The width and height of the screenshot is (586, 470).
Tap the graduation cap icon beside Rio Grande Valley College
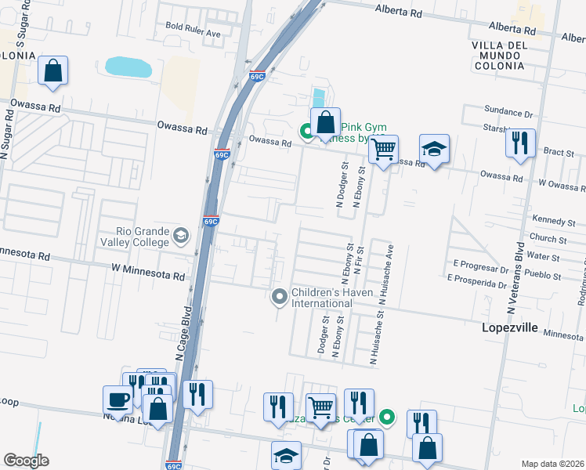coord(181,236)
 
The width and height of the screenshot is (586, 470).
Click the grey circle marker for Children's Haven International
coord(279,297)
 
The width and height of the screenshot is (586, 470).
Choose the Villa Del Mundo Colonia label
coord(509,56)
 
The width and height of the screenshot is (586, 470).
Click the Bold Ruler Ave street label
coord(193,25)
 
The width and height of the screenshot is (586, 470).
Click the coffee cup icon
coord(118,399)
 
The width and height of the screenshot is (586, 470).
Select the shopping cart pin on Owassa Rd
coord(383,150)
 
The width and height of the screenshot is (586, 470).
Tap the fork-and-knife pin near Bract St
coord(520,143)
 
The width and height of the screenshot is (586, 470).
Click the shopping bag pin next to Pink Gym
coord(326,122)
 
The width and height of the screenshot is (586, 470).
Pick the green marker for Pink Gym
coord(308,132)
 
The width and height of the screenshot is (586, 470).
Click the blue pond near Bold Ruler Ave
coord(128,67)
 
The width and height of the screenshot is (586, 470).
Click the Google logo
coord(26,461)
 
